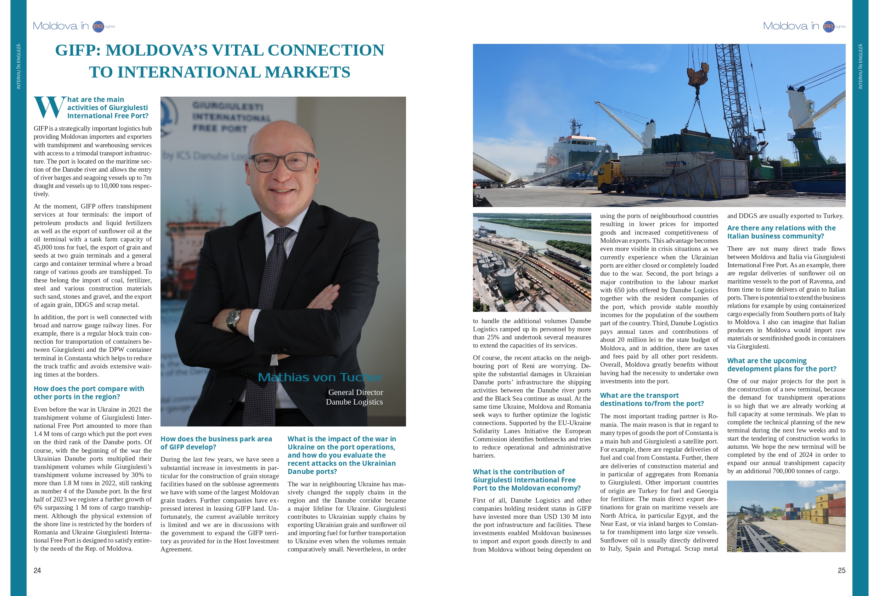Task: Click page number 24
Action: (x=37, y=570)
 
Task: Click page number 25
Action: (x=841, y=570)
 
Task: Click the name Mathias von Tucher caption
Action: (x=320, y=377)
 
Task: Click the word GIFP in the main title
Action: (x=78, y=50)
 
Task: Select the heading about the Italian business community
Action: (x=781, y=232)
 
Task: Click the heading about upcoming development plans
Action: (x=781, y=365)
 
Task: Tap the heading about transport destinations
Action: (x=652, y=400)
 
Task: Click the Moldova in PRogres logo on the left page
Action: (x=74, y=26)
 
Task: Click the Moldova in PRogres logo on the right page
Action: (x=804, y=26)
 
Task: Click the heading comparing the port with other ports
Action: (x=89, y=392)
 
